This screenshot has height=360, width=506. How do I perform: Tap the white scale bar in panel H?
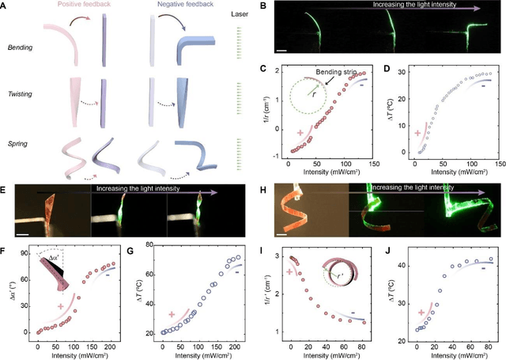coord(280,234)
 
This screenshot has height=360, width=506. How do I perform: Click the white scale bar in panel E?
coord(25,234)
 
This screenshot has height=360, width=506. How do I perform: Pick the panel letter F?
coord(6,252)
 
